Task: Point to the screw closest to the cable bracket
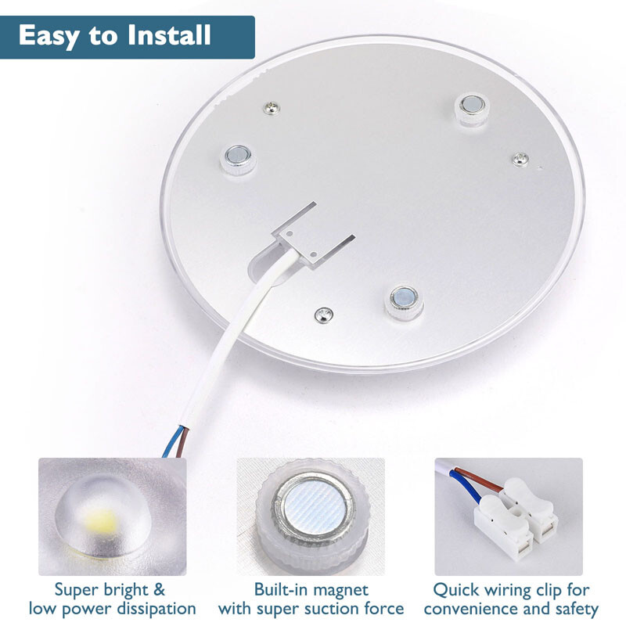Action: coord(322,315)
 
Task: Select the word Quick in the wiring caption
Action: coord(457,588)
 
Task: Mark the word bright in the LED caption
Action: coord(122,588)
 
